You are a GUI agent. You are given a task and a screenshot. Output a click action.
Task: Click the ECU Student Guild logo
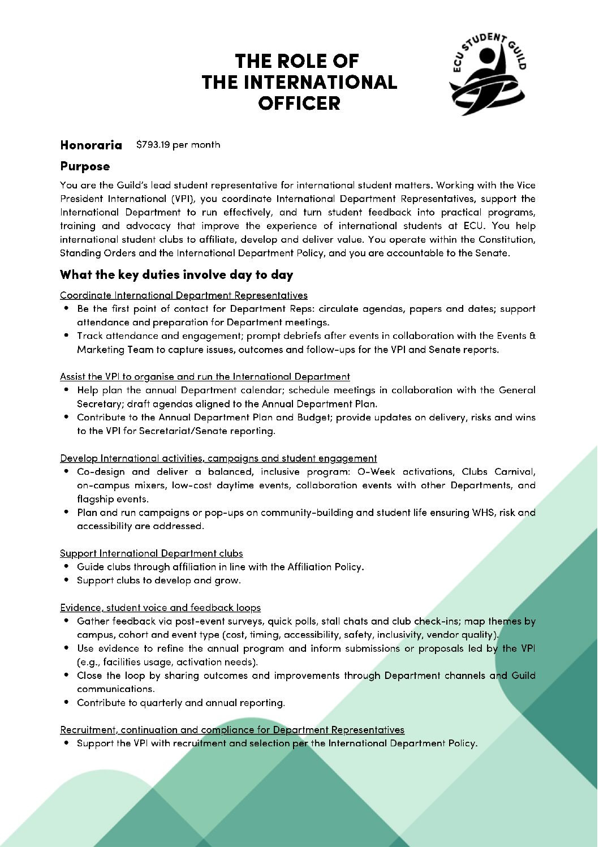[x=488, y=74]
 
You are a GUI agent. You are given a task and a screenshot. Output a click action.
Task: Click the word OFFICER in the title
[x=299, y=104]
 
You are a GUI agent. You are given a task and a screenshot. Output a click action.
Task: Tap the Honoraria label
[x=91, y=145]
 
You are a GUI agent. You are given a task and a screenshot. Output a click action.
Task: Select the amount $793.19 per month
[x=178, y=145]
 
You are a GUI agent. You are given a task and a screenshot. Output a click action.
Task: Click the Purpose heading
[x=85, y=166]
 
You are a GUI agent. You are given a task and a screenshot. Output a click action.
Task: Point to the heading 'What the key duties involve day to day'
[x=176, y=275]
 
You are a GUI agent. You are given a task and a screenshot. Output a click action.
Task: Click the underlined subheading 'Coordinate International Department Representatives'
[x=184, y=295]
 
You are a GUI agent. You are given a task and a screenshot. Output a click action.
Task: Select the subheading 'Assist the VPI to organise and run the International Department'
[x=205, y=377]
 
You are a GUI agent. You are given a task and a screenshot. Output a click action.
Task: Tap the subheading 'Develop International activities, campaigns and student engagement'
[x=218, y=458]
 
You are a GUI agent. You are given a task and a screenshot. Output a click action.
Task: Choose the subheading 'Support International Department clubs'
[x=152, y=553]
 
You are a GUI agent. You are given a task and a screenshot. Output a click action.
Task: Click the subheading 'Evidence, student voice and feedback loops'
[x=160, y=608]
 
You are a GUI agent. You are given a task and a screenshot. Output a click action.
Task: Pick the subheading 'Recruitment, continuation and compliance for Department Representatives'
[x=232, y=730]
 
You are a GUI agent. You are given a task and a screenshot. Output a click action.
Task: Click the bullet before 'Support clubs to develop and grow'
[x=67, y=580]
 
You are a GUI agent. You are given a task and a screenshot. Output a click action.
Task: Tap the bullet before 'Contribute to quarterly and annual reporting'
[x=67, y=702]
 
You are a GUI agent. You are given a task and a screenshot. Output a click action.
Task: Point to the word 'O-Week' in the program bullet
[x=376, y=472]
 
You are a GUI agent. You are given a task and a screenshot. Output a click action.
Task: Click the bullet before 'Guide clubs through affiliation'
[x=67, y=566]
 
